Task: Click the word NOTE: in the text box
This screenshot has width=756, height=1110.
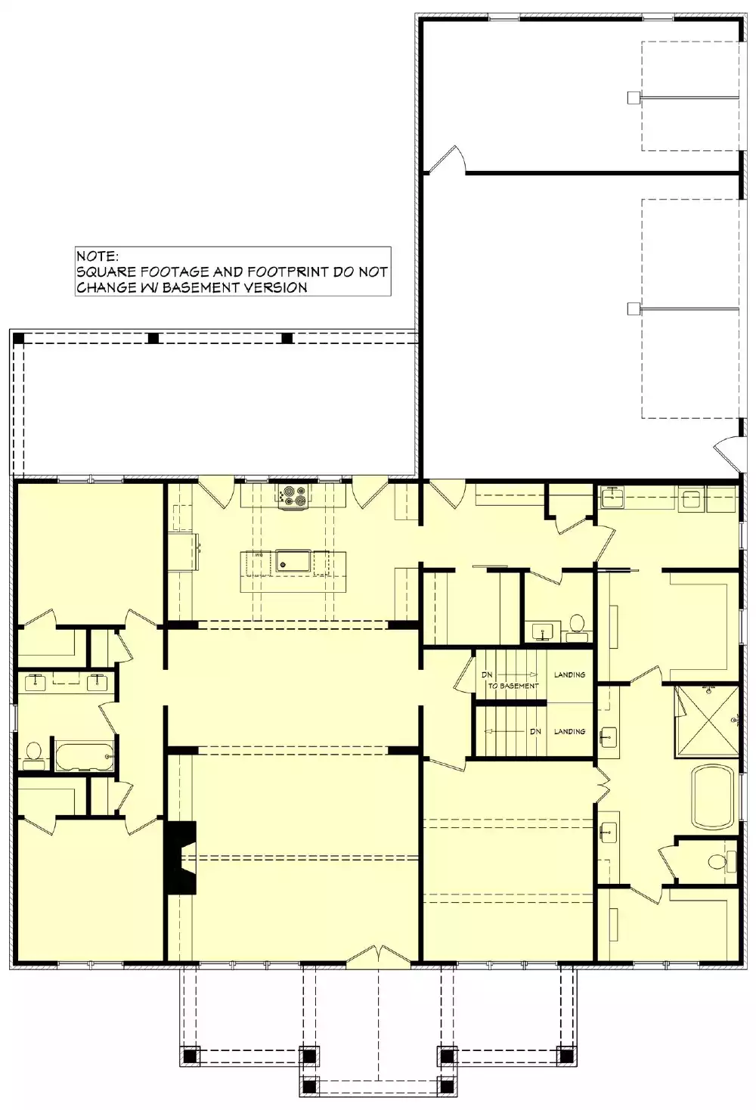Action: (97, 256)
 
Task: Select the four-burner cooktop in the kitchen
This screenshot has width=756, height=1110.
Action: (294, 495)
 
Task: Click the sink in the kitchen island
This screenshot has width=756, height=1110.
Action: (293, 560)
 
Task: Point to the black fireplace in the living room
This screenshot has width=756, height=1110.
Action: (182, 857)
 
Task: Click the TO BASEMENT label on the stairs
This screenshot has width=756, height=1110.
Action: (513, 686)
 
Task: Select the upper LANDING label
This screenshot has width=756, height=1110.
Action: (570, 674)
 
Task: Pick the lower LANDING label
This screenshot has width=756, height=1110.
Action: (570, 731)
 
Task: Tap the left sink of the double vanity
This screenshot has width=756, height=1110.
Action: (36, 682)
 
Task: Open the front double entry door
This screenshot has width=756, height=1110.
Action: (378, 956)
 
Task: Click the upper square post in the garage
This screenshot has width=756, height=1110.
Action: (633, 98)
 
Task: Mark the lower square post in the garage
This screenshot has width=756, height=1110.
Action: (633, 309)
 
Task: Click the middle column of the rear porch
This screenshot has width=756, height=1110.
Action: (153, 339)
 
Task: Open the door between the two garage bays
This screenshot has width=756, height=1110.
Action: (446, 159)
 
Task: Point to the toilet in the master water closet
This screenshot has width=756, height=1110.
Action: (720, 861)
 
